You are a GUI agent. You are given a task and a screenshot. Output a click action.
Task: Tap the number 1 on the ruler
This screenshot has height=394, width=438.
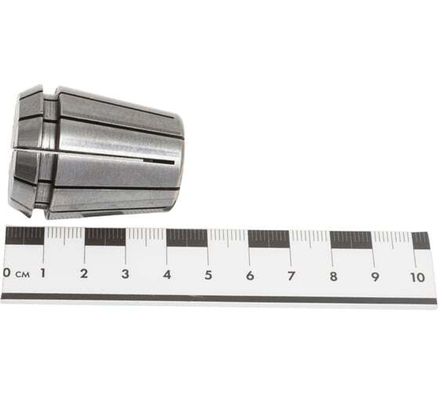pyautogui.click(x=43, y=274)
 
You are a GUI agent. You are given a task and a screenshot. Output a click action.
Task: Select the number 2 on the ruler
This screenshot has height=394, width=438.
pyautogui.click(x=84, y=274)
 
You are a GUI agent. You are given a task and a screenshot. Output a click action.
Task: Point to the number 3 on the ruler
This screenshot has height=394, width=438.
pyautogui.click(x=125, y=274)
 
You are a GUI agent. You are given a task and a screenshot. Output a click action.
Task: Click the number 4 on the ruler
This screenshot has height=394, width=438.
pyautogui.click(x=167, y=275)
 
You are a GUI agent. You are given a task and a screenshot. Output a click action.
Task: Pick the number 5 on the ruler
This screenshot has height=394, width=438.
pyautogui.click(x=208, y=275)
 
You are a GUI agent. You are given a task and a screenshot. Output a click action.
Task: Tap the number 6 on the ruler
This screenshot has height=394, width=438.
pyautogui.click(x=250, y=276)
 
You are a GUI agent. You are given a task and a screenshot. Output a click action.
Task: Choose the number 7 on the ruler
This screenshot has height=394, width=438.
pyautogui.click(x=291, y=276)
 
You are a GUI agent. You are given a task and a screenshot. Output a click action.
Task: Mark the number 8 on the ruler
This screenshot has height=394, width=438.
pyautogui.click(x=333, y=277)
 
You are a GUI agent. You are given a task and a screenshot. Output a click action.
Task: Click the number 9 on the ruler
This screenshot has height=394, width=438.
pyautogui.click(x=375, y=277)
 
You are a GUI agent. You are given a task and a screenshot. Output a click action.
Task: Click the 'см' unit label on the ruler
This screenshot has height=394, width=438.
pyautogui.click(x=22, y=274)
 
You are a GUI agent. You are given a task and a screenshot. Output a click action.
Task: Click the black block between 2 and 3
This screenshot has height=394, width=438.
pyautogui.click(x=105, y=237)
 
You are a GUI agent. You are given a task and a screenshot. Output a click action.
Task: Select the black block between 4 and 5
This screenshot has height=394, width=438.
pyautogui.click(x=187, y=238)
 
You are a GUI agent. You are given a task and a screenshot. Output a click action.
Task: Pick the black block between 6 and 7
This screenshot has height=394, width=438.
pyautogui.click(x=268, y=239)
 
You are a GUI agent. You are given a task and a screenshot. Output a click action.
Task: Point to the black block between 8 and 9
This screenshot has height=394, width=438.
pyautogui.click(x=351, y=240)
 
